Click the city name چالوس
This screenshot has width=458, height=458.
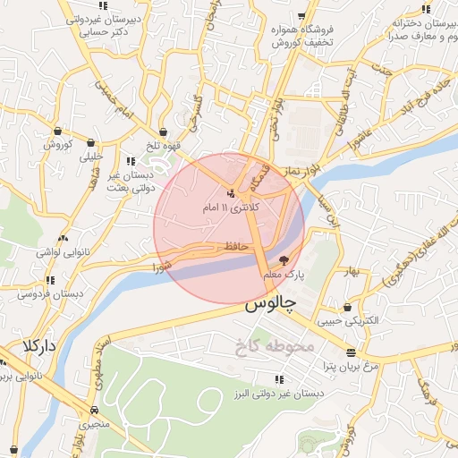[x=270, y=304]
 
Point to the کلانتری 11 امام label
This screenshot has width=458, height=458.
[x=233, y=208]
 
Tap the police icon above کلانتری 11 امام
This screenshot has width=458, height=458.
[x=232, y=193]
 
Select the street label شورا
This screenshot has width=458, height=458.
[x=162, y=266]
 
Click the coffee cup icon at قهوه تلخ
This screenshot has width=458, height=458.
[x=163, y=131]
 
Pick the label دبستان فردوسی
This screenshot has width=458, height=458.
[x=51, y=293]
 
